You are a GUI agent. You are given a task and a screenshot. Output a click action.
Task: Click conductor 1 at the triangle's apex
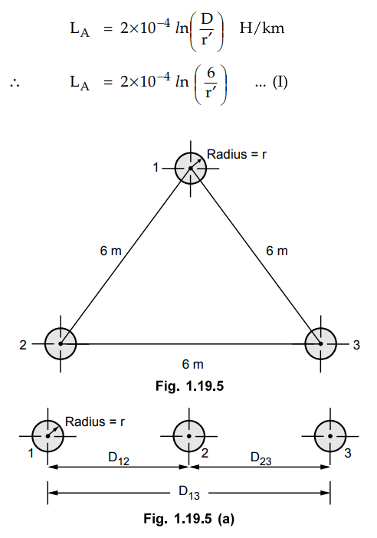click(x=191, y=168)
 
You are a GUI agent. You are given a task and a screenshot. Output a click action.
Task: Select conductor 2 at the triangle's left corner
click(x=61, y=343)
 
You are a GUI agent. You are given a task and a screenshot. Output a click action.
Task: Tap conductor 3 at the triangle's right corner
click(x=321, y=343)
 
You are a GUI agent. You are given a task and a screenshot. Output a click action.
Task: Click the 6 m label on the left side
click(x=111, y=251)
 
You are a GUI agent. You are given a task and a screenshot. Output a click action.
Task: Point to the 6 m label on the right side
click(x=277, y=251)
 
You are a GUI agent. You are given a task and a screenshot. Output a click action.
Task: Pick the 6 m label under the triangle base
click(x=193, y=364)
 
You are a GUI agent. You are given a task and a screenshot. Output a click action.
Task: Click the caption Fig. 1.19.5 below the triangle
click(x=190, y=386)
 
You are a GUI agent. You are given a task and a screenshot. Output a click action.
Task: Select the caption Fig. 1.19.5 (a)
click(x=189, y=518)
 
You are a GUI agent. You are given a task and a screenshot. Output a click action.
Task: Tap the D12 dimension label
click(x=119, y=458)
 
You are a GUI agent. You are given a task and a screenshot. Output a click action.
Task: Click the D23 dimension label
click(x=261, y=458)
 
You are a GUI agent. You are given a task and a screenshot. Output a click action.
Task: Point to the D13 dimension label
click(x=189, y=492)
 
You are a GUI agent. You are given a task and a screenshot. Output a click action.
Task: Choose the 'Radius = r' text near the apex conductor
click(x=237, y=154)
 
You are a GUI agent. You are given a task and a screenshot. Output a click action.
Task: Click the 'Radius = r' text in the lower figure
click(x=95, y=422)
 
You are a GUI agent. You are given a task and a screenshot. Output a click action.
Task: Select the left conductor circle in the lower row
click(x=48, y=436)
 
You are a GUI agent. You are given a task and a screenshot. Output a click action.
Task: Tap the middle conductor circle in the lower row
click(x=189, y=436)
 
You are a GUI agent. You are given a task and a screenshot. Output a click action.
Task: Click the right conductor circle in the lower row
click(x=330, y=436)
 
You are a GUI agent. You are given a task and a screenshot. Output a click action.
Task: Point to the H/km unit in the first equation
click(x=262, y=28)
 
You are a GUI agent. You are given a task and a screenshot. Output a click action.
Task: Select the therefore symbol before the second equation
click(x=15, y=83)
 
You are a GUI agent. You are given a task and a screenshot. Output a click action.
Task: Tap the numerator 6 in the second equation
click(x=211, y=73)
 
